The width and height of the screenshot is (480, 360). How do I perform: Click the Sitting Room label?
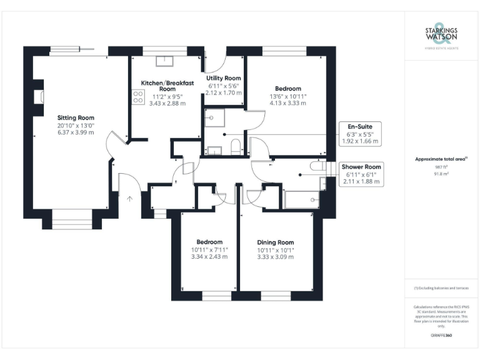click(76, 117)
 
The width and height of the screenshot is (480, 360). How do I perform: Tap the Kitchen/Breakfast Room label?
click(167, 86)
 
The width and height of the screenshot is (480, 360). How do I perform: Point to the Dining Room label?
click(275, 242)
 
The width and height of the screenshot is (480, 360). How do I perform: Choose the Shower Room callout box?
click(361, 174)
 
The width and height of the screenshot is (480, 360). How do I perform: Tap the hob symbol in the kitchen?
click(137, 97)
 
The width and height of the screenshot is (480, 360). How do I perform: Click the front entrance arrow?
click(130, 199)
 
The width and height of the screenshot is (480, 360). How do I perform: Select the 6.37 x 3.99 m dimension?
click(76, 132)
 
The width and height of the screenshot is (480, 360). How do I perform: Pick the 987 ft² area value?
click(441, 167)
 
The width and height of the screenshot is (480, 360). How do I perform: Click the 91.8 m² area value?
click(441, 174)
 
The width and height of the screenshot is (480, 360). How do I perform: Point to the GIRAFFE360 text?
click(441, 336)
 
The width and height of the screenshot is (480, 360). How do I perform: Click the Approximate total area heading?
click(441, 159)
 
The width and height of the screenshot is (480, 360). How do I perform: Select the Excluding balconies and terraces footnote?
click(441, 287)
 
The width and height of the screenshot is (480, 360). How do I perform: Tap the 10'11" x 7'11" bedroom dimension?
click(209, 250)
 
